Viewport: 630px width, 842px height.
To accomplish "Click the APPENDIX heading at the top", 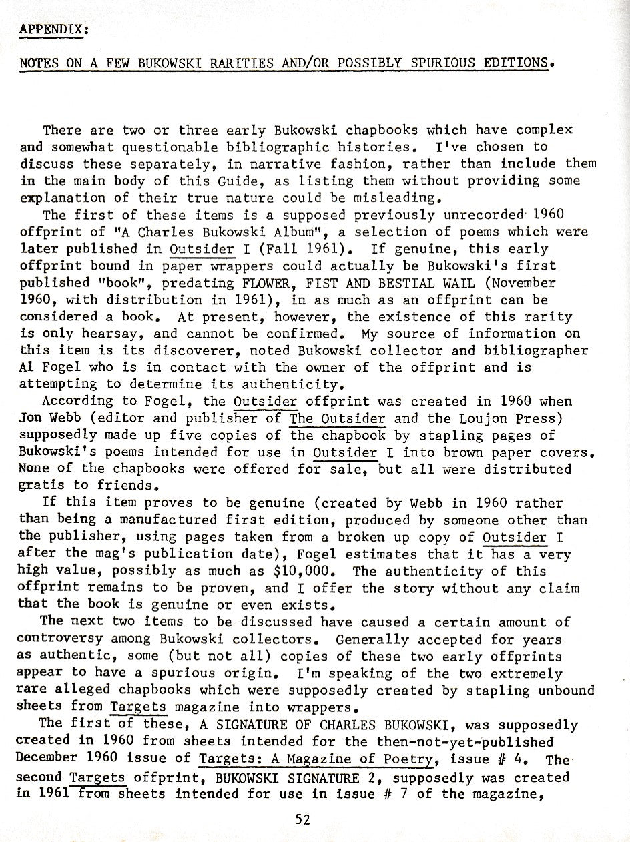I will click(54, 30).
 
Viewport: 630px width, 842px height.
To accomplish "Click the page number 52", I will click(302, 820).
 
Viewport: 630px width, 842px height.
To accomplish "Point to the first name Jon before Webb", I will click(31, 418).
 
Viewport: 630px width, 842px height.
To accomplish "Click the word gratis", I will click(43, 486).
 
